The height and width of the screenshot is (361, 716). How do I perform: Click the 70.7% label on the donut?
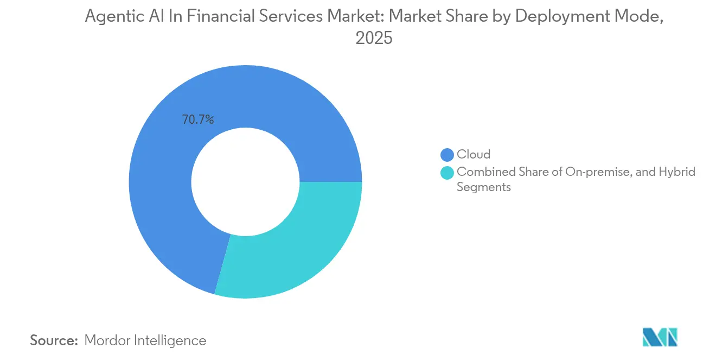tap(198, 119)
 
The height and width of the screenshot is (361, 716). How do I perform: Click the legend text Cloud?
tap(473, 155)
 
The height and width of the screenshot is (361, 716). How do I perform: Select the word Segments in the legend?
tap(483, 187)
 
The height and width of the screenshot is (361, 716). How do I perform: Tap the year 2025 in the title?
tap(374, 39)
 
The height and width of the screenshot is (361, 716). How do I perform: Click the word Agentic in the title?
tap(112, 16)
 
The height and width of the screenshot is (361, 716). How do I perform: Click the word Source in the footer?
tap(54, 340)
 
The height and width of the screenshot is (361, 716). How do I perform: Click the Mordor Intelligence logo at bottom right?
tap(660, 337)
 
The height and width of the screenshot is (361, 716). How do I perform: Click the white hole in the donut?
tap(245, 182)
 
